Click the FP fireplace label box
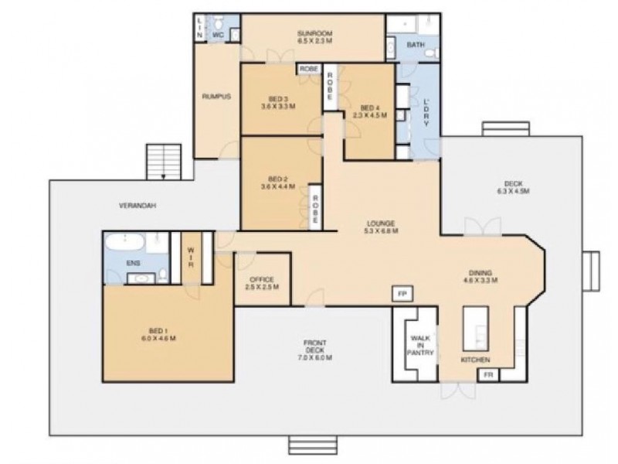tap(402, 294)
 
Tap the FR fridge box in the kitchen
tap(487, 374)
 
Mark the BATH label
tap(416, 45)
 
